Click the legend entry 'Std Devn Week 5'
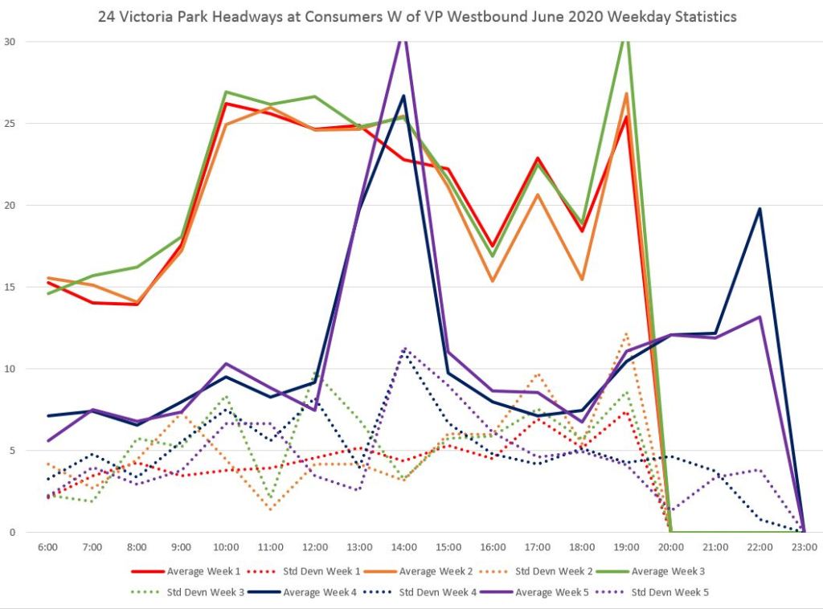pos(666,593)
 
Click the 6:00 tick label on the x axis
pos(47,547)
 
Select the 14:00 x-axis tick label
pos(403,547)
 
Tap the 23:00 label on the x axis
pos(804,547)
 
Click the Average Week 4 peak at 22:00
pos(760,209)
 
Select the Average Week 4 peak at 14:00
pos(403,96)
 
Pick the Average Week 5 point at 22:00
pos(760,317)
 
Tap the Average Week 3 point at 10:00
pos(226,92)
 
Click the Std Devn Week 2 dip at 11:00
pos(270,509)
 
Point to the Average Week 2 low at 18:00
pos(582,279)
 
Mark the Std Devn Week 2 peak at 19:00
pos(626,333)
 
